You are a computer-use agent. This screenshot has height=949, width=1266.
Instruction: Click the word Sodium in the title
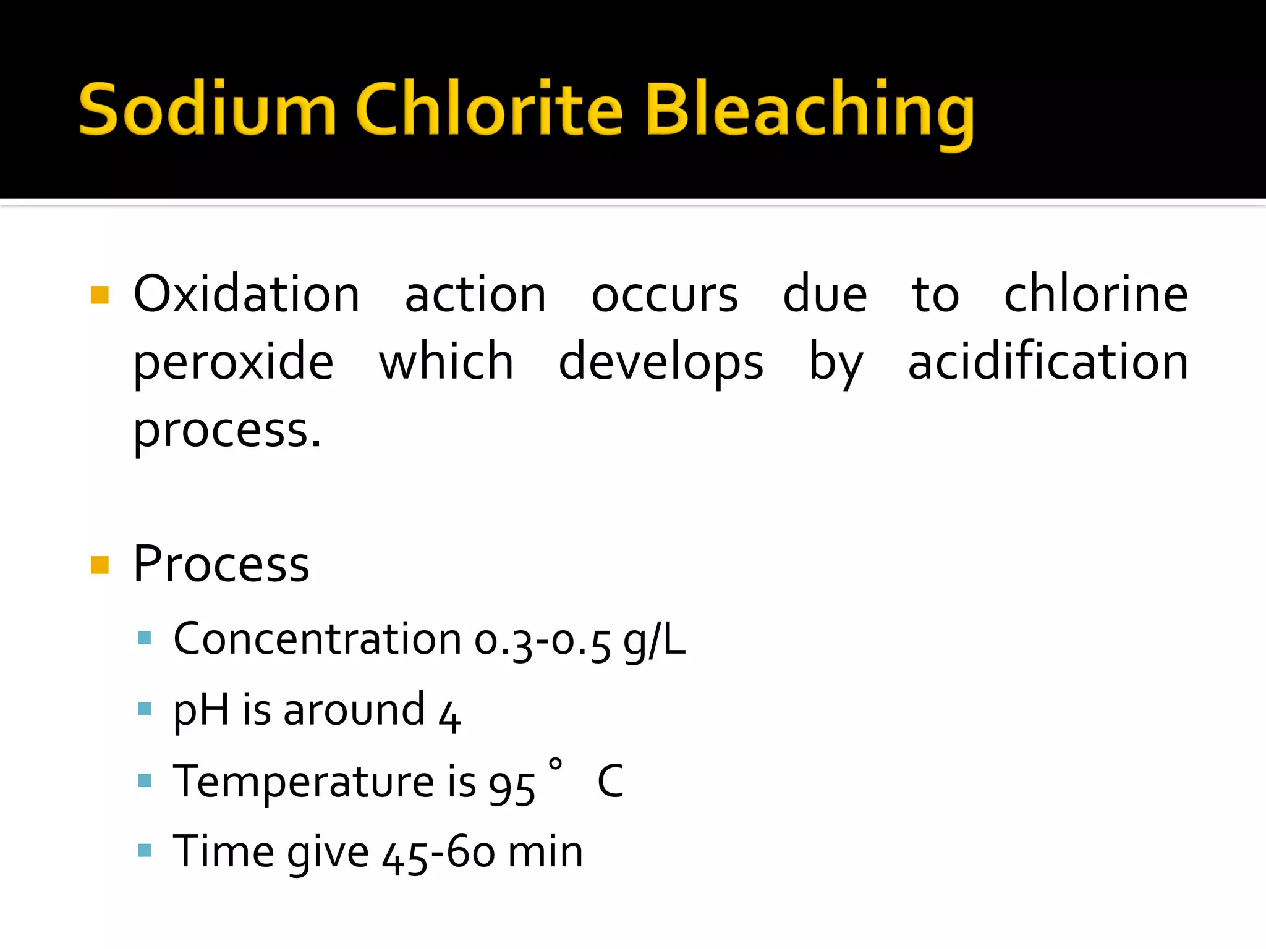pyautogui.click(x=207, y=110)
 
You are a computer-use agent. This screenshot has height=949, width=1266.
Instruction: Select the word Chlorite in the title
pyautogui.click(x=489, y=110)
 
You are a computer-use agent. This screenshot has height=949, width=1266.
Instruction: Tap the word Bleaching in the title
pyautogui.click(x=809, y=111)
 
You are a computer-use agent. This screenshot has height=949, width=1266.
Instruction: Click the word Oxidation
pyautogui.click(x=246, y=294)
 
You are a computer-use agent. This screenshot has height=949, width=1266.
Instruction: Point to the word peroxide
pyautogui.click(x=234, y=363)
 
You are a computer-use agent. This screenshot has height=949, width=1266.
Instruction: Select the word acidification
pyautogui.click(x=1048, y=361)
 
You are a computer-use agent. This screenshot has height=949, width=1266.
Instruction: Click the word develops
pyautogui.click(x=661, y=363)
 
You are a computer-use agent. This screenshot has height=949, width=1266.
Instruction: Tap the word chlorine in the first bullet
pyautogui.click(x=1095, y=294)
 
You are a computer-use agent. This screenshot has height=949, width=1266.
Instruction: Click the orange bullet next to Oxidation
pyautogui.click(x=100, y=295)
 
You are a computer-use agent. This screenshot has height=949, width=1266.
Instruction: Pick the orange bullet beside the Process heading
pyautogui.click(x=100, y=565)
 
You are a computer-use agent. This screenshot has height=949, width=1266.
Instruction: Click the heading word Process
pyautogui.click(x=221, y=563)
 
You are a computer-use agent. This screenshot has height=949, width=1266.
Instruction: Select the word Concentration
pyautogui.click(x=317, y=639)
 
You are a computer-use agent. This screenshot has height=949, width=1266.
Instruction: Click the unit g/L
pyautogui.click(x=654, y=640)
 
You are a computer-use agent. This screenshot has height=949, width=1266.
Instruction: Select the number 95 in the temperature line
pyautogui.click(x=512, y=786)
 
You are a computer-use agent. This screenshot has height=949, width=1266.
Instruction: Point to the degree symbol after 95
pyautogui.click(x=555, y=764)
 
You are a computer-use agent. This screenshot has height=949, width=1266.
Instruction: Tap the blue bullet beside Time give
pyautogui.click(x=145, y=851)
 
